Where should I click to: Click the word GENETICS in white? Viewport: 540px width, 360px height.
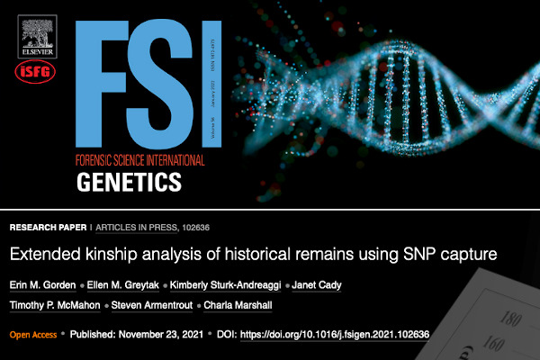click(130, 183)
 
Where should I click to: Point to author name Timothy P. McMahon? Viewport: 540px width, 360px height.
click(55, 305)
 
